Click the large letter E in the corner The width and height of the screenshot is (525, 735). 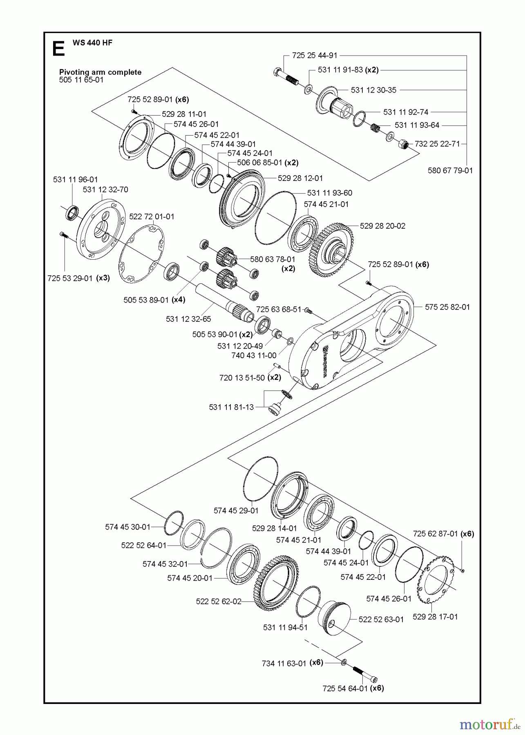point(58,49)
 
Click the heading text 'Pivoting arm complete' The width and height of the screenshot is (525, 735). point(100,72)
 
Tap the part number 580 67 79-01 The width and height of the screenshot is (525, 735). point(450,170)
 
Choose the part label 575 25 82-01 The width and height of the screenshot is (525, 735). point(447,307)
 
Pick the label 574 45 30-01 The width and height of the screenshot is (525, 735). point(128,527)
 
